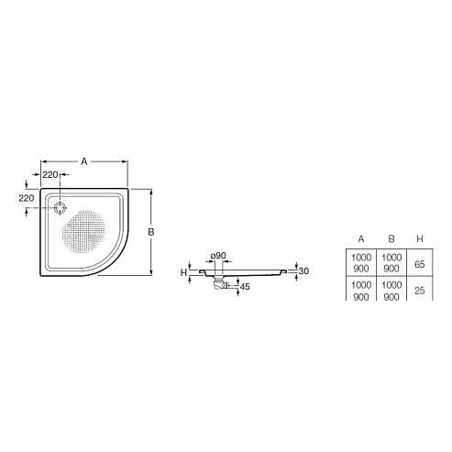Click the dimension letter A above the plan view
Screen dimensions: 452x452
click(x=84, y=161)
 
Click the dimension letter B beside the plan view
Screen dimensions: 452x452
click(x=151, y=232)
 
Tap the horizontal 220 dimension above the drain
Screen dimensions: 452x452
click(x=50, y=174)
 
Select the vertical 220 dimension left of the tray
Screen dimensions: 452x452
click(x=27, y=198)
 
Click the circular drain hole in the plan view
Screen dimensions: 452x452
click(x=60, y=208)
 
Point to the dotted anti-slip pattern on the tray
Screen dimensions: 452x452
click(x=83, y=231)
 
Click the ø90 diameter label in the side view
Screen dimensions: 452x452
click(x=218, y=256)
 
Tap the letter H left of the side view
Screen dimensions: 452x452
click(x=183, y=272)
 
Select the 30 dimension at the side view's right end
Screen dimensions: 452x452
click(x=303, y=271)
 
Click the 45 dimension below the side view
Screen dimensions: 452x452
click(x=245, y=287)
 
